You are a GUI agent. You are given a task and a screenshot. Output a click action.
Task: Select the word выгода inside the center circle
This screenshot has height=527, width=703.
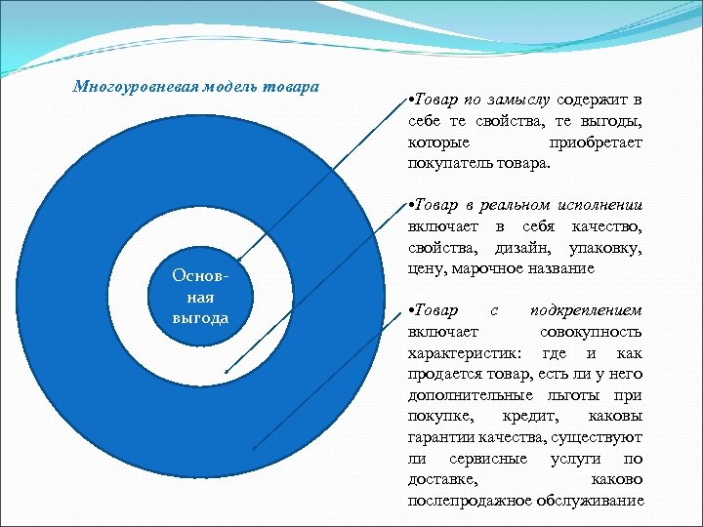pyautogui.click(x=200, y=318)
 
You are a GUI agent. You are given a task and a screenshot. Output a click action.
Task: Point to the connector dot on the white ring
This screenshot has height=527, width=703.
pyautogui.click(x=225, y=373)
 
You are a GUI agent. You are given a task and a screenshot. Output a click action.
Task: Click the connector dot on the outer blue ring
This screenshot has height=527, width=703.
pyautogui.click(x=255, y=448)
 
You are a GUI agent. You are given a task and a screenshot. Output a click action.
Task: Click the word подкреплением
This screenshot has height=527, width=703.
pyautogui.click(x=586, y=311)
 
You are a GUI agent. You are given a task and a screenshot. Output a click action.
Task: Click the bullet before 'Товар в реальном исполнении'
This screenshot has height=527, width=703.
pyautogui.click(x=411, y=206)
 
